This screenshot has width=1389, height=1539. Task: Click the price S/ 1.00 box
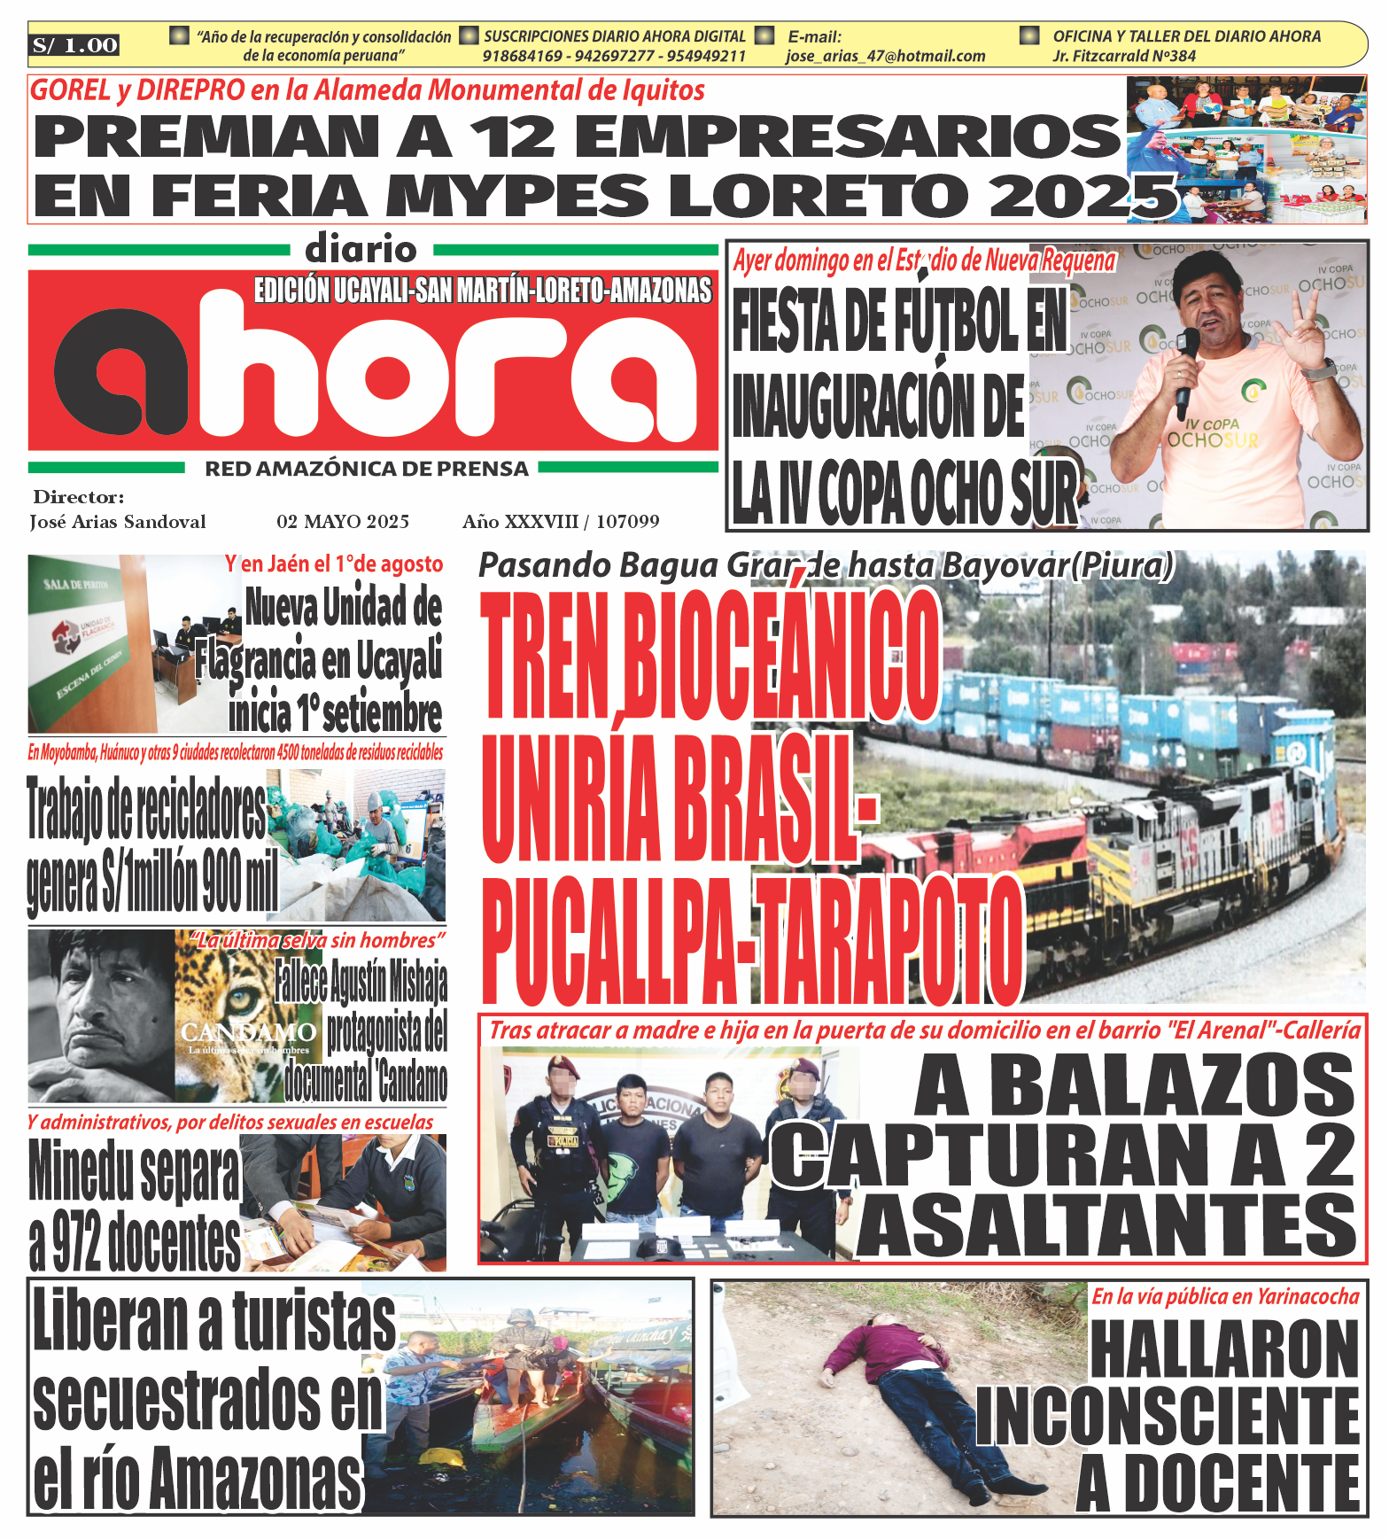coord(75,45)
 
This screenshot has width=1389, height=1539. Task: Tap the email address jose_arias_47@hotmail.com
coord(885,56)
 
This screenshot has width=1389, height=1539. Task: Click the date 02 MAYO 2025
coord(343,521)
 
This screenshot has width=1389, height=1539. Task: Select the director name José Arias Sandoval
coord(118,521)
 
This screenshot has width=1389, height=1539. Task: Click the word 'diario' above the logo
coord(361,250)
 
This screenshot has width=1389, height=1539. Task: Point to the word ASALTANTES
coord(1106,1225)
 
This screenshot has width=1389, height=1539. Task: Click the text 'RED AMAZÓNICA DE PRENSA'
coord(367,469)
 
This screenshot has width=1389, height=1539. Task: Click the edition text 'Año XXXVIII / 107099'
coord(561,521)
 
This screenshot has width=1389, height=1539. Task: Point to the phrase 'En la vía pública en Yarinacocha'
coord(1225,1296)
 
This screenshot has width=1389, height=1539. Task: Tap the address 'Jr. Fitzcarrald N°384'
coord(1124,56)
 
